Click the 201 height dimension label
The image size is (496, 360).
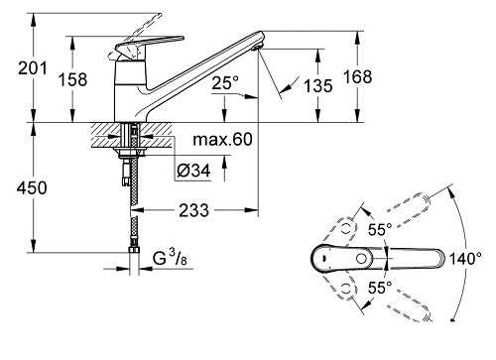click(x=33, y=68)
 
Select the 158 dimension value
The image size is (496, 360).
click(x=72, y=79)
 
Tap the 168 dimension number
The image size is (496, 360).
click(x=357, y=76)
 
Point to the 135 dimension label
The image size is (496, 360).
click(x=317, y=86)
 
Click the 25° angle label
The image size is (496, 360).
click(x=225, y=83)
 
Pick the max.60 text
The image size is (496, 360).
click(x=222, y=140)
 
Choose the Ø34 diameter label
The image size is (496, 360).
click(x=193, y=171)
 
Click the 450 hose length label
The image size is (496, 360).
click(x=32, y=188)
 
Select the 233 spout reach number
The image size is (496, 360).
click(x=194, y=210)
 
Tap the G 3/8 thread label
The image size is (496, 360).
click(x=170, y=258)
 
